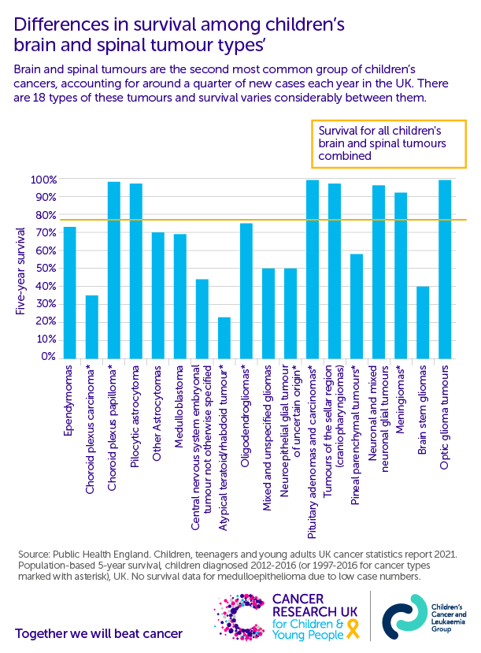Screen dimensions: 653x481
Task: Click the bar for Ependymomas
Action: [70, 293]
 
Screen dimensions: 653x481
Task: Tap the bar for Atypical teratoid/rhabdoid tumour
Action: [224, 338]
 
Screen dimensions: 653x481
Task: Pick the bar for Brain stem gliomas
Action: [423, 322]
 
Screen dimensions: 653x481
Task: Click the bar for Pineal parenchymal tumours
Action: [357, 306]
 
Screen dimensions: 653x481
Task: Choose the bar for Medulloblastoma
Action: [180, 296]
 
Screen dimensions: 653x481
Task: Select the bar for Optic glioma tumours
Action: [445, 270]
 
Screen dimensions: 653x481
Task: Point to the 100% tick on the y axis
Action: [44, 180]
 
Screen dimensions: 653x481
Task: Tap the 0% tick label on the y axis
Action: [49, 357]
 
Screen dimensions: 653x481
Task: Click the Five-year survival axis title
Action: [21, 270]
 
